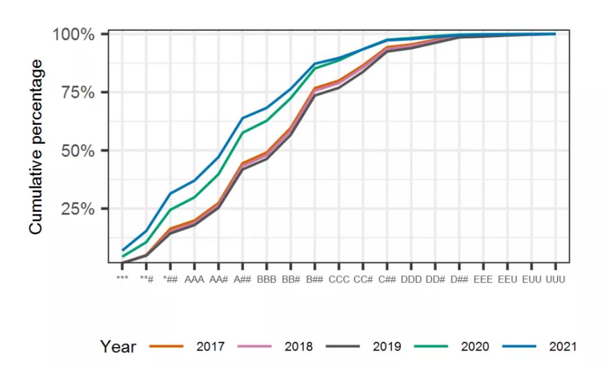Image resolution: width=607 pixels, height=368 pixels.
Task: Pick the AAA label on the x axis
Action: pos(194,279)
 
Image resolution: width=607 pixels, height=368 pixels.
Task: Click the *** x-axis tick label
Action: pos(122,279)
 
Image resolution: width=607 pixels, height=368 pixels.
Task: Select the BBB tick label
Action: pos(266,279)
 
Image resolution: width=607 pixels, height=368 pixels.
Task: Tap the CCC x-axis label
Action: pos(339,279)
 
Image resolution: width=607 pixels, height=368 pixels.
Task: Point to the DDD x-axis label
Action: pos(411,279)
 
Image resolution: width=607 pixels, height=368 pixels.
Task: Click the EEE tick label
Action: pos(483,279)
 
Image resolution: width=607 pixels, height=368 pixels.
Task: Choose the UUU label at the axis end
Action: pos(555,279)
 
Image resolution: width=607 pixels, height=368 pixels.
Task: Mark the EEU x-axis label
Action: pos(508,279)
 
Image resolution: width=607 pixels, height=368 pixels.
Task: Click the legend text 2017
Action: pos(210,347)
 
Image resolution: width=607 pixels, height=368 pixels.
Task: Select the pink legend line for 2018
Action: pos(255,347)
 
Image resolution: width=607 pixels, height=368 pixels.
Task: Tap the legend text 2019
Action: pos(387,347)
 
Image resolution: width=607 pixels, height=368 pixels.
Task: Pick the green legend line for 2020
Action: pos(431,347)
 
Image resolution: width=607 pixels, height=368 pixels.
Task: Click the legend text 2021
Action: pos(563,347)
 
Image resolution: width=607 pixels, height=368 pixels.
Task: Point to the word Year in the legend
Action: pos(118,347)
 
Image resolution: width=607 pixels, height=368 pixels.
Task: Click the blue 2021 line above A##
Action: pos(242,118)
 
